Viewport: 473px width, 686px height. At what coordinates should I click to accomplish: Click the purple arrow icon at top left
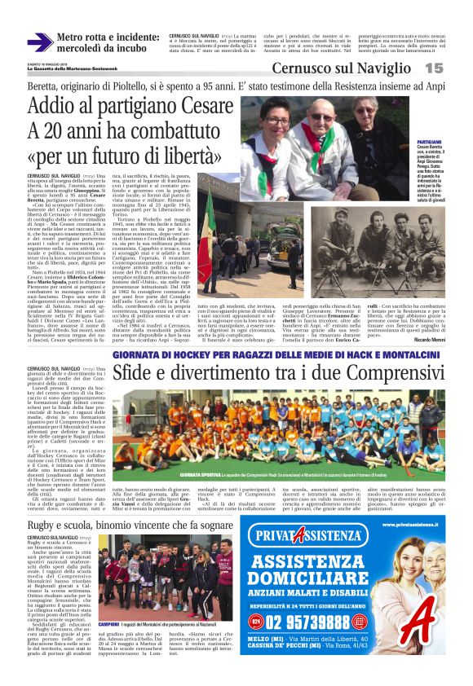pos(40,43)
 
